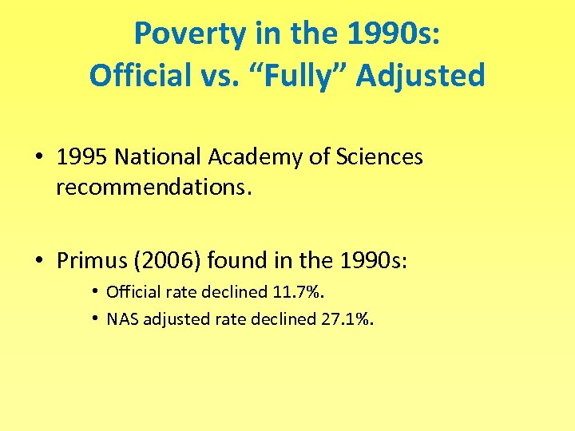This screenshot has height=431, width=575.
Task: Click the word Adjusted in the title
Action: [420, 76]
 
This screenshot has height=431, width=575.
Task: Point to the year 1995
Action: [81, 157]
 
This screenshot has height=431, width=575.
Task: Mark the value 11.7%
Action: [297, 292]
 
